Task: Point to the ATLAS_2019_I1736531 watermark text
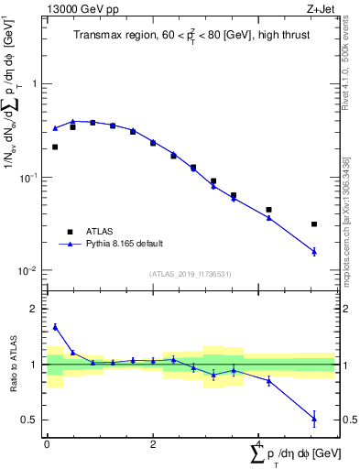point(190,274)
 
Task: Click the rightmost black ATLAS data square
point(314,224)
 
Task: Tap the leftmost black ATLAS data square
point(55,147)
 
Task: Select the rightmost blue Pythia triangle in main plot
point(314,251)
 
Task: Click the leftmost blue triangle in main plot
point(55,128)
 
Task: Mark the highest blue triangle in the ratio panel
point(55,326)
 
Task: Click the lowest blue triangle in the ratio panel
point(314,419)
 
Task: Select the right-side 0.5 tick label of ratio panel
point(346,420)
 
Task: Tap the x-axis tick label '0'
point(46,444)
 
